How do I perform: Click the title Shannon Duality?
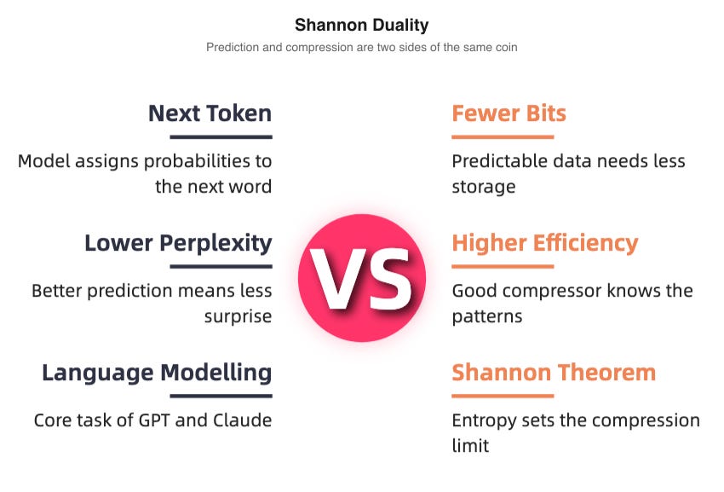coord(361,25)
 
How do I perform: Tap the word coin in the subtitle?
coord(503,48)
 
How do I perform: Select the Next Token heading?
coord(210,113)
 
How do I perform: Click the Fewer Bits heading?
coord(509,113)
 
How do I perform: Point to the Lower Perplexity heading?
coord(178,243)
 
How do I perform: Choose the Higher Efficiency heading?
coord(544,243)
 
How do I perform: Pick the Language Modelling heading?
coord(157,373)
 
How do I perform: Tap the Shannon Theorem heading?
coord(554,373)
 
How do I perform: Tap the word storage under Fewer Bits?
coord(483,187)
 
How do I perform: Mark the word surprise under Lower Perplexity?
coord(238,316)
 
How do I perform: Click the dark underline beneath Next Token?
coord(221,136)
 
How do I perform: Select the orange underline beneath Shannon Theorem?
coord(503,396)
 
